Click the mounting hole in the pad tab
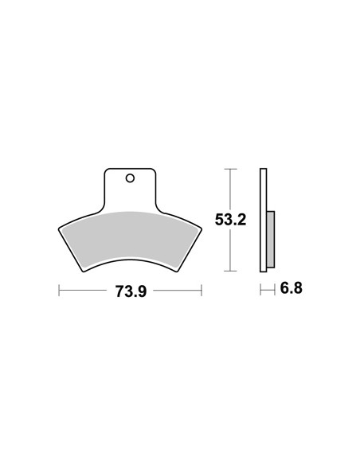(130, 178)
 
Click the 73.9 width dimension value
(131, 291)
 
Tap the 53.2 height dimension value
(230, 220)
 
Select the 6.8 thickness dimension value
(291, 288)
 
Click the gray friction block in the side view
(271, 240)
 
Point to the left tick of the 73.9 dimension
(59, 291)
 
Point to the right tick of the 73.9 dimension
(202, 291)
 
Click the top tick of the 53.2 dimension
(230, 169)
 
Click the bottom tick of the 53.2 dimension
(230, 271)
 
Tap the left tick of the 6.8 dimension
(260, 290)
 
